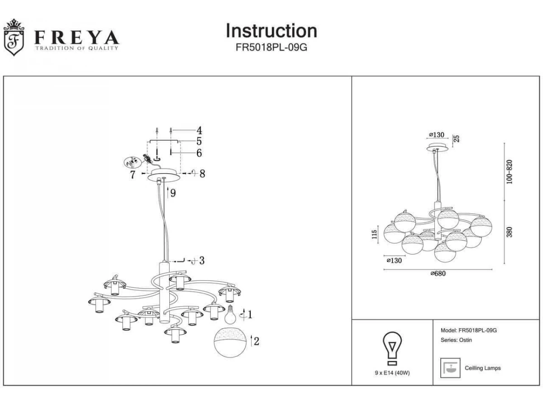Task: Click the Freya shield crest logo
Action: click(14, 38)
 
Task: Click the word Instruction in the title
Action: click(271, 31)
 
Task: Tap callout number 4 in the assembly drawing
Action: click(199, 130)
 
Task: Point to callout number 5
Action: click(199, 141)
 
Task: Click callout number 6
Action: click(199, 153)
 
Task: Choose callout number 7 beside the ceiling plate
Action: click(133, 175)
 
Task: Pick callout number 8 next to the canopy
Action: click(202, 173)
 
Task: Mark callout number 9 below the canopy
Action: click(173, 193)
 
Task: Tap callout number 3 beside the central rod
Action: click(202, 260)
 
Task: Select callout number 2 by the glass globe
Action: click(257, 341)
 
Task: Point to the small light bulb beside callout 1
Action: click(231, 314)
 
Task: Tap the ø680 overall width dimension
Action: click(438, 274)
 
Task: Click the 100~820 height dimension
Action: click(510, 171)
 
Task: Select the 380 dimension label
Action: click(510, 232)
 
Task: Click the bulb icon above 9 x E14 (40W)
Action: click(392, 348)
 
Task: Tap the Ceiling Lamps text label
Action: click(483, 368)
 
